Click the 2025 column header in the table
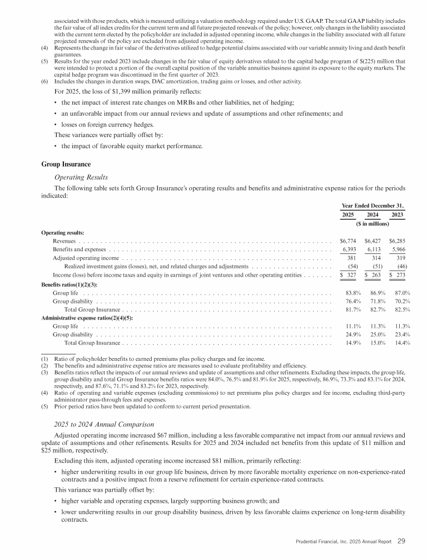click(348, 214)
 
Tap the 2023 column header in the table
click(398, 214)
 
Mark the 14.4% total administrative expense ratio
click(401, 343)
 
